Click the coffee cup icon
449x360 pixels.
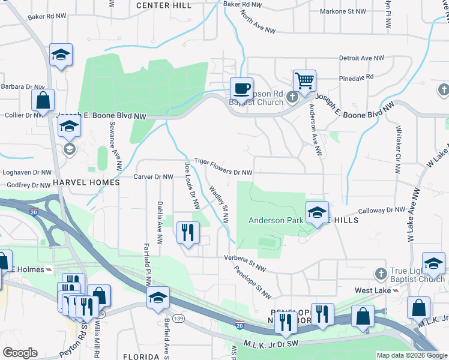[241, 89]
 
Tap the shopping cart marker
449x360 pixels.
[304, 80]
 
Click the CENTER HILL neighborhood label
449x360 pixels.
[163, 5]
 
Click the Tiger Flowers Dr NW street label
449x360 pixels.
[223, 171]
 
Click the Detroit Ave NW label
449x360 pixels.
[361, 58]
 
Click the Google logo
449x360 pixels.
[20, 353]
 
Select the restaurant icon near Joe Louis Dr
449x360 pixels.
[188, 232]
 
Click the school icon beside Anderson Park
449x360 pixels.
[317, 212]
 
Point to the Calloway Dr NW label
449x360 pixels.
[382, 211]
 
